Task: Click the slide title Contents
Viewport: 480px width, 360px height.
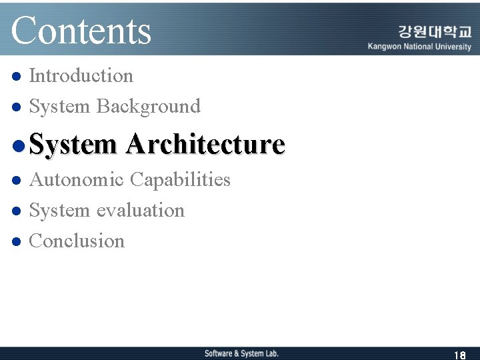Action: [x=81, y=31]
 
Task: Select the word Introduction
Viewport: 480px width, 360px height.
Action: [x=81, y=76]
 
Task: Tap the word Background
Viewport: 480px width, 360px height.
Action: [x=148, y=107]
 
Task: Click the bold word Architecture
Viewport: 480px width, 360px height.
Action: [x=205, y=144]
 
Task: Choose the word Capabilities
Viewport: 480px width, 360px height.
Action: [x=180, y=180]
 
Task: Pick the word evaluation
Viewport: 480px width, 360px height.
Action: [x=141, y=211]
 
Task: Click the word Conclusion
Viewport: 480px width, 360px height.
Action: [x=77, y=241]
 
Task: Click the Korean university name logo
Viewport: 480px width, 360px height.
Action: [x=434, y=32]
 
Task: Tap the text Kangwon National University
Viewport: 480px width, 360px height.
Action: [x=419, y=47]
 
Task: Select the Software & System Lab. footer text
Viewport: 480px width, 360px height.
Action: [x=241, y=353]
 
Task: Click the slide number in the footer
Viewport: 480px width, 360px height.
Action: [x=459, y=355]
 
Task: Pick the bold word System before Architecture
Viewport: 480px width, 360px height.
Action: [x=73, y=144]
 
